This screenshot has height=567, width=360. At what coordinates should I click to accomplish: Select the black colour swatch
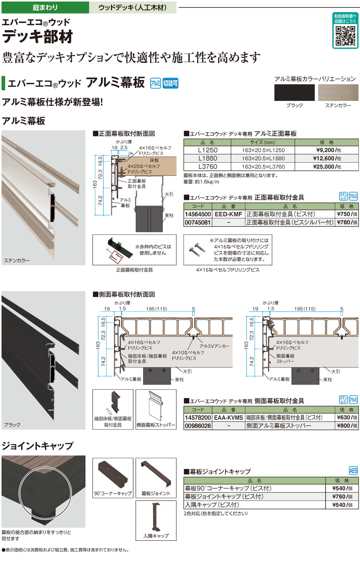[x=294, y=93]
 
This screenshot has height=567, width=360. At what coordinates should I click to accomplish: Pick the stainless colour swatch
[x=338, y=93]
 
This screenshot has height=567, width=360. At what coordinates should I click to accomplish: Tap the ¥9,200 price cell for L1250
[x=327, y=150]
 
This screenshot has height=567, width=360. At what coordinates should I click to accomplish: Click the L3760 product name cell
[x=208, y=167]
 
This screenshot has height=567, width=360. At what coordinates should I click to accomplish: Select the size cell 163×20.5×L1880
[x=263, y=158]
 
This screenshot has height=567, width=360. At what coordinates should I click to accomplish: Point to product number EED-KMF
[x=228, y=214]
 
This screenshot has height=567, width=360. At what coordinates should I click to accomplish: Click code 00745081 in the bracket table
[x=198, y=222]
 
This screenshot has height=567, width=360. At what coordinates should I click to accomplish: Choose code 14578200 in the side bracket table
[x=198, y=417]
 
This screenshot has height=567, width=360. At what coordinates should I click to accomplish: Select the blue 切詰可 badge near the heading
[x=170, y=83]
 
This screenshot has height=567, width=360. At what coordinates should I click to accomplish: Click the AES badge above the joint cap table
[x=353, y=471]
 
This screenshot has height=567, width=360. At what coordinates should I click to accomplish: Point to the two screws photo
[x=197, y=248]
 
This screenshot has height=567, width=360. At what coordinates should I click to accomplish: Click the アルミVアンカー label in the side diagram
[x=215, y=346]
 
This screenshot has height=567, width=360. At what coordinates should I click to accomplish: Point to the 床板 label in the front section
[x=154, y=160]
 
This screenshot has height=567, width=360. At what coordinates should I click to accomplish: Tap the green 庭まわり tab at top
[x=45, y=7]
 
